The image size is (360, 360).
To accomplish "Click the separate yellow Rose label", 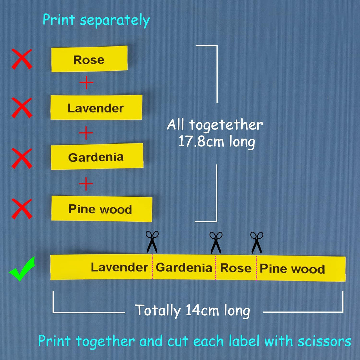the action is pyautogui.click(x=89, y=59).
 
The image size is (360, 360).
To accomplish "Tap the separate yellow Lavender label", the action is pyautogui.click(x=96, y=107).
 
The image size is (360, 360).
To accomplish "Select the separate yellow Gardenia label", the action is pyautogui.click(x=97, y=156).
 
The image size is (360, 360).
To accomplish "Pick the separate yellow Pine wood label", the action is pyautogui.click(x=102, y=209).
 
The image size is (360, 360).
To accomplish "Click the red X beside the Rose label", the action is pyautogui.click(x=22, y=59).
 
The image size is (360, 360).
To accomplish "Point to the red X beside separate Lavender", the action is pyautogui.click(x=22, y=108).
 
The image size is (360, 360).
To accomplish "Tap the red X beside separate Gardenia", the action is pyautogui.click(x=22, y=158).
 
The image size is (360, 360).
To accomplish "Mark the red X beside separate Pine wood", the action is pyautogui.click(x=22, y=209).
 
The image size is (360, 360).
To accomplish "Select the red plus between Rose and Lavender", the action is pyautogui.click(x=86, y=82).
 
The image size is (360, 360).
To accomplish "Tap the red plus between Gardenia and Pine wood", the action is pyautogui.click(x=86, y=184).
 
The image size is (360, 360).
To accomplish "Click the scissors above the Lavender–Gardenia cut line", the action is pyautogui.click(x=152, y=242).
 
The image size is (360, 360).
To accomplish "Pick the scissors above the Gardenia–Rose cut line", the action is pyautogui.click(x=216, y=243).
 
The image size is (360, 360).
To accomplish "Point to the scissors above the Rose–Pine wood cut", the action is pyautogui.click(x=257, y=243).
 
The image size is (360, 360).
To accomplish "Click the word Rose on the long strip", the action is pyautogui.click(x=236, y=268).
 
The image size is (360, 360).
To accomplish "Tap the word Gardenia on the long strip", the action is pyautogui.click(x=184, y=268).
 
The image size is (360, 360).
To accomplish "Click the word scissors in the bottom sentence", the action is pyautogui.click(x=324, y=341).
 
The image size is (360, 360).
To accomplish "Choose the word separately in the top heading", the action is pyautogui.click(x=115, y=21).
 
